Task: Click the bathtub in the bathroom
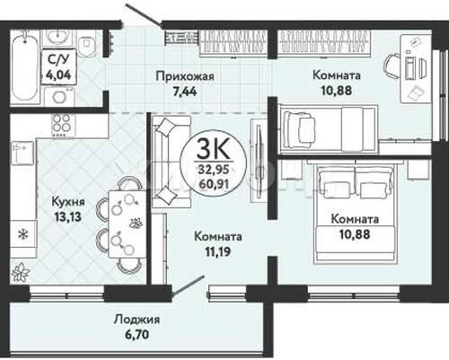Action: point(24,66)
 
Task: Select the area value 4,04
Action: point(58,75)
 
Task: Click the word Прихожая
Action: point(185,76)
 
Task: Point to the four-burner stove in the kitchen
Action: point(62,127)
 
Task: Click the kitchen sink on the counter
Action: point(22,153)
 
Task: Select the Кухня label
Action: point(68,201)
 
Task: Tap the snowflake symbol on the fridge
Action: point(22,234)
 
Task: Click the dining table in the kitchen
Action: point(127,224)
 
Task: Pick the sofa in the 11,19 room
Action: point(171,162)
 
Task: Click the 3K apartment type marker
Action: point(213,150)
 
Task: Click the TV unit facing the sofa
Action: point(258,161)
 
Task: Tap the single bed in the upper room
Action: point(329,128)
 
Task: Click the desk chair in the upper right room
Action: point(392,66)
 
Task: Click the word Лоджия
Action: point(136,320)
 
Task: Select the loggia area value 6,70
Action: point(136,334)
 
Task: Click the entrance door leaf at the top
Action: point(143,14)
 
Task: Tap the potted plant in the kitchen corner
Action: point(21,273)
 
